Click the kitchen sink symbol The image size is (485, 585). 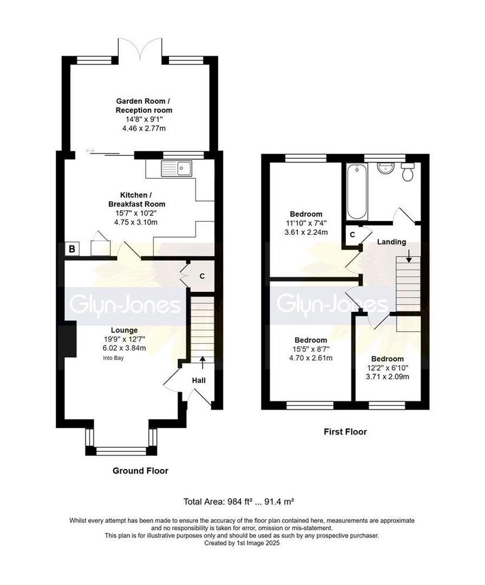tap(176, 169)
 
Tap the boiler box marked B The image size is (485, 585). tap(72, 249)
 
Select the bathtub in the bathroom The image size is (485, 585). tap(357, 192)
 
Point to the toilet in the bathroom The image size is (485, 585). tap(408, 171)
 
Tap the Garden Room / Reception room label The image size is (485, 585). tap(144, 106)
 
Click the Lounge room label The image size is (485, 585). tap(124, 330)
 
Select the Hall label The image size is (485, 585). tap(199, 380)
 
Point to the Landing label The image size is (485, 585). tap(391, 242)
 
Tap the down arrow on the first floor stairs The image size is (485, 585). tap(409, 257)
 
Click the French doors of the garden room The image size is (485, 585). tap(140, 49)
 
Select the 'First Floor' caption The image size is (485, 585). tap(345, 432)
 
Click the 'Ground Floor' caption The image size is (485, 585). tap(140, 471)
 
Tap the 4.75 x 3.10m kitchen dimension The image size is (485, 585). tap(136, 222)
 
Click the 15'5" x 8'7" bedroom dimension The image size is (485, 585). tap(310, 349)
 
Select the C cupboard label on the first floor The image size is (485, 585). tap(353, 235)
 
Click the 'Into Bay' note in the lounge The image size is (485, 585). tap(113, 358)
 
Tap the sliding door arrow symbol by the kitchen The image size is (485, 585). tap(90, 151)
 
